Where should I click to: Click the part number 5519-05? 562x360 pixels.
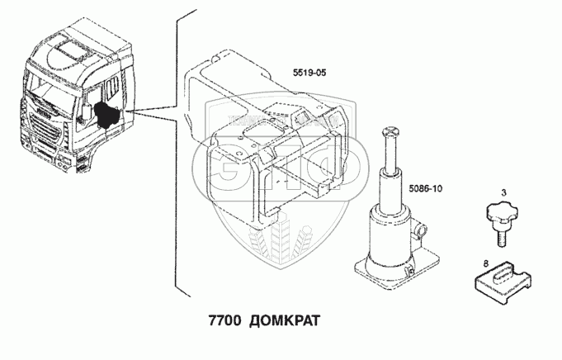[309, 73]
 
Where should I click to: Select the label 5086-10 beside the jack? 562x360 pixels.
[426, 188]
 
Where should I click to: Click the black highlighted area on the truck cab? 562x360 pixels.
[107, 116]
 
